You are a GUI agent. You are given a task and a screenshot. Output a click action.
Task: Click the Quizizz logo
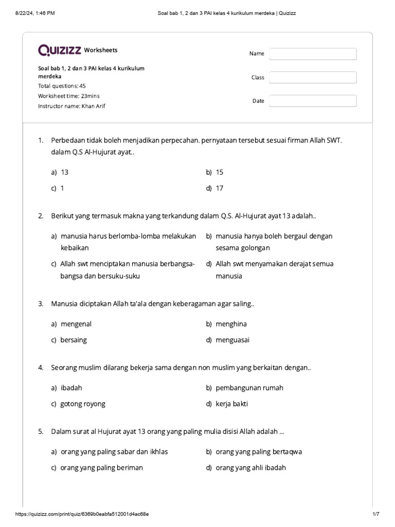coord(59,50)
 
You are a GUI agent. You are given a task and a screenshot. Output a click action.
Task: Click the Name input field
coord(313,54)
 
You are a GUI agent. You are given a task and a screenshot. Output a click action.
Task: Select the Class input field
coord(313,78)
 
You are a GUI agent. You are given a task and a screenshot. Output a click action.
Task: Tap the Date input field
coord(313,101)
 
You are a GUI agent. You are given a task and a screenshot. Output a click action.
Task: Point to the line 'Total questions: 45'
coord(62,86)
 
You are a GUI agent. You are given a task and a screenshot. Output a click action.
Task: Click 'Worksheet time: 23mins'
coord(68,96)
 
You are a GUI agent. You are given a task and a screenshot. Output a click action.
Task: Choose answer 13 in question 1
coord(64,172)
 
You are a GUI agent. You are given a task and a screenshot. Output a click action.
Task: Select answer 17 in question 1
coord(220,188)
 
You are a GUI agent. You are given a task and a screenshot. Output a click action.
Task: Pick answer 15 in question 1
coord(220,172)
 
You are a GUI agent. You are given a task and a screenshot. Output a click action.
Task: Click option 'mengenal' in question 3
coord(76,324)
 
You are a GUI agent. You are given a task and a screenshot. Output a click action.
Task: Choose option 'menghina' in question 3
coord(231,324)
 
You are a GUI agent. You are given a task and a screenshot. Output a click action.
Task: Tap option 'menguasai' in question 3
coord(232,340)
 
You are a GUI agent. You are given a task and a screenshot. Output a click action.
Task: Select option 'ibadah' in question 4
coord(71,388)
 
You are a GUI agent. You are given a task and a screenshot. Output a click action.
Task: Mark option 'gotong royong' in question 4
coord(82,403)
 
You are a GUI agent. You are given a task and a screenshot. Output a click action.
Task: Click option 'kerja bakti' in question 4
coord(231,403)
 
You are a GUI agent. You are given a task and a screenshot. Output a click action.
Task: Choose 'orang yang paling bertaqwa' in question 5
coord(259,452)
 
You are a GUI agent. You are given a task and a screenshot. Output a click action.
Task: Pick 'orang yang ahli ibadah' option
coord(250,468)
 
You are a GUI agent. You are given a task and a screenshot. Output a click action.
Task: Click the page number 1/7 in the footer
coord(375,514)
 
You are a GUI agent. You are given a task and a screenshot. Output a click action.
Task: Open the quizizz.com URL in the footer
coord(83,514)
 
